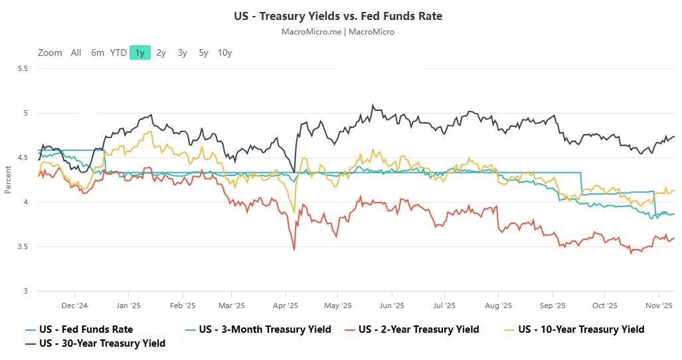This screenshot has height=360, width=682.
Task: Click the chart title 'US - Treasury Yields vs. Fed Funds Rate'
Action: (x=338, y=16)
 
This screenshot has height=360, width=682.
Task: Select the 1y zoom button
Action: (x=140, y=52)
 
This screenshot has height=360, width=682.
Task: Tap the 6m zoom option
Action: (x=98, y=52)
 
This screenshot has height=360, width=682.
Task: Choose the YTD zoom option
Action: (x=118, y=52)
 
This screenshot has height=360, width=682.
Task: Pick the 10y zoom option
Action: (x=224, y=52)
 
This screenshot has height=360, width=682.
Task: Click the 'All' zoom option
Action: (x=76, y=52)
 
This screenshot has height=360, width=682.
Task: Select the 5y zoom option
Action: (x=203, y=52)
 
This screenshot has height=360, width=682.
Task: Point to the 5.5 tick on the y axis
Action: (x=23, y=68)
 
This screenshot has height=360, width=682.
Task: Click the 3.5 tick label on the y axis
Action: (x=23, y=247)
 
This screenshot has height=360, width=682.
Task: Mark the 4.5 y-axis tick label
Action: (x=23, y=157)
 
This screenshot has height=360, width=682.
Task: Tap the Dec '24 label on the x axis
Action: (x=74, y=306)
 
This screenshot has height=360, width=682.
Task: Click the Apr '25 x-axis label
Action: (x=285, y=306)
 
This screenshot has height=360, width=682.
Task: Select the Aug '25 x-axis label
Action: (x=498, y=306)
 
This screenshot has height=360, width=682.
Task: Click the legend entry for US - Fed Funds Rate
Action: (x=86, y=329)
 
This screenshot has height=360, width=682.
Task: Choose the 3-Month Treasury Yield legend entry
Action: (x=264, y=329)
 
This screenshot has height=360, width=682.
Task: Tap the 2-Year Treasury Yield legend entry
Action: (x=418, y=329)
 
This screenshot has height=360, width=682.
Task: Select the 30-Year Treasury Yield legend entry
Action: (x=102, y=343)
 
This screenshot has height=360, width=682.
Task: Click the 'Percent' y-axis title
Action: (x=8, y=179)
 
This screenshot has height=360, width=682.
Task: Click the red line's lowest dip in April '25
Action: (x=294, y=249)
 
